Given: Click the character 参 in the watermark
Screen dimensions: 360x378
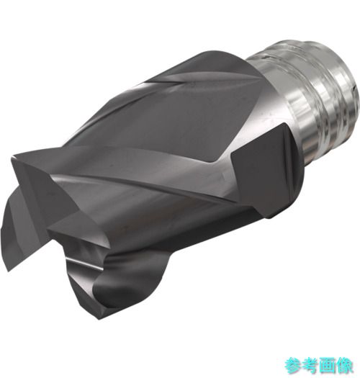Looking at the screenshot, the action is (x=293, y=366).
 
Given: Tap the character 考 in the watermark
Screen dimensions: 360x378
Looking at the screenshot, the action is (x=310, y=366).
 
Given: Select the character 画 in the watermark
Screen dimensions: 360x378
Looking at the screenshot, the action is (x=328, y=366).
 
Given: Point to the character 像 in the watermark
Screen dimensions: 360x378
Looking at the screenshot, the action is (x=345, y=366).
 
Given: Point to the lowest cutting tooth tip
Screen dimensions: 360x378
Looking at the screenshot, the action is (x=99, y=319).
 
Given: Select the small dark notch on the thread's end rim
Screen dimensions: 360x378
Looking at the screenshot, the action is (x=354, y=89).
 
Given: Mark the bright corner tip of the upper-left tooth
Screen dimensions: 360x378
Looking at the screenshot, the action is (x=12, y=157).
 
